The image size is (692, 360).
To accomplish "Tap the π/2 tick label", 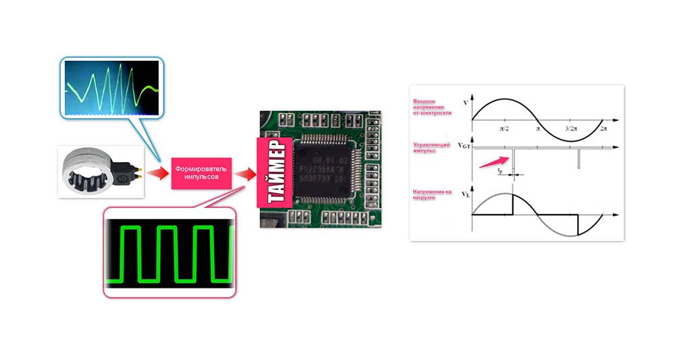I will [504, 128].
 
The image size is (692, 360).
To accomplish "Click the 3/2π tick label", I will [571, 128].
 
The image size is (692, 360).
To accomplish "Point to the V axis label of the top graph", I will [462, 102].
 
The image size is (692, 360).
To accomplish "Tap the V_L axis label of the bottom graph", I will [463, 195].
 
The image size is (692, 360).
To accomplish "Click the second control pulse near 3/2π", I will [579, 157].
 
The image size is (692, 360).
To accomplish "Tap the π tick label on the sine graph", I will [538, 128].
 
